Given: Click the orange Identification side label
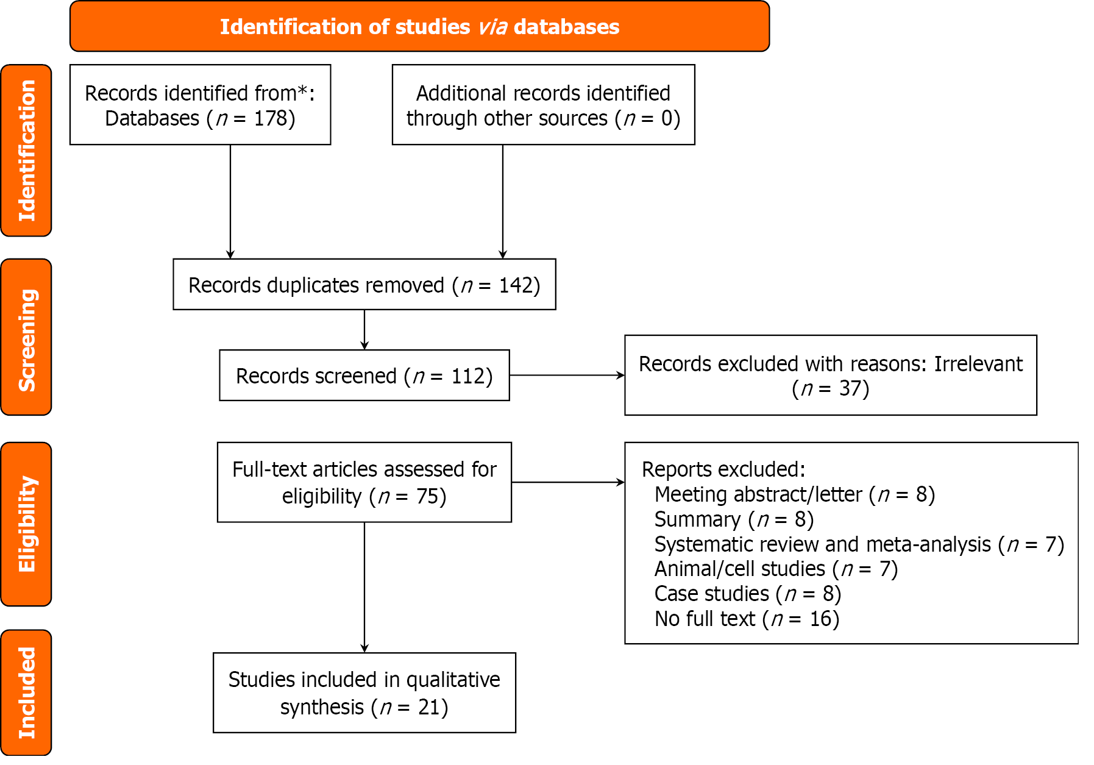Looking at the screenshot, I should click(x=26, y=151).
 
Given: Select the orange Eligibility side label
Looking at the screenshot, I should click(x=26, y=524).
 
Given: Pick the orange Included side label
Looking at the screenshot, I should click(x=26, y=693).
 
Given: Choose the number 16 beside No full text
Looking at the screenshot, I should click(x=820, y=619).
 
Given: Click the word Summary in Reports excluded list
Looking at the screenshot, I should click(x=697, y=519).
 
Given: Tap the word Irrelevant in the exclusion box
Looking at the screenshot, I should click(x=978, y=364).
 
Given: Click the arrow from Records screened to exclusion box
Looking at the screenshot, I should click(x=567, y=375).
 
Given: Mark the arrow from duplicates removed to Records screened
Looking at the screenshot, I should click(x=364, y=330).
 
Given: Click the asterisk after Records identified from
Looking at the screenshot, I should click(x=303, y=91).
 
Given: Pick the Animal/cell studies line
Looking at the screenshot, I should click(x=775, y=569).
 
